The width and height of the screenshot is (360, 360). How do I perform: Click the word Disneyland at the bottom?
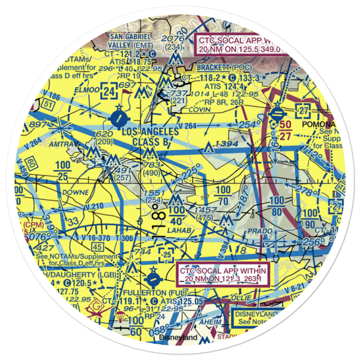pos(178,337)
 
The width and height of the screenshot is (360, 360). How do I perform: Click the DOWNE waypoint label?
pos(75,192)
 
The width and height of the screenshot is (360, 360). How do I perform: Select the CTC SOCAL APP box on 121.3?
pos(223,275)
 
